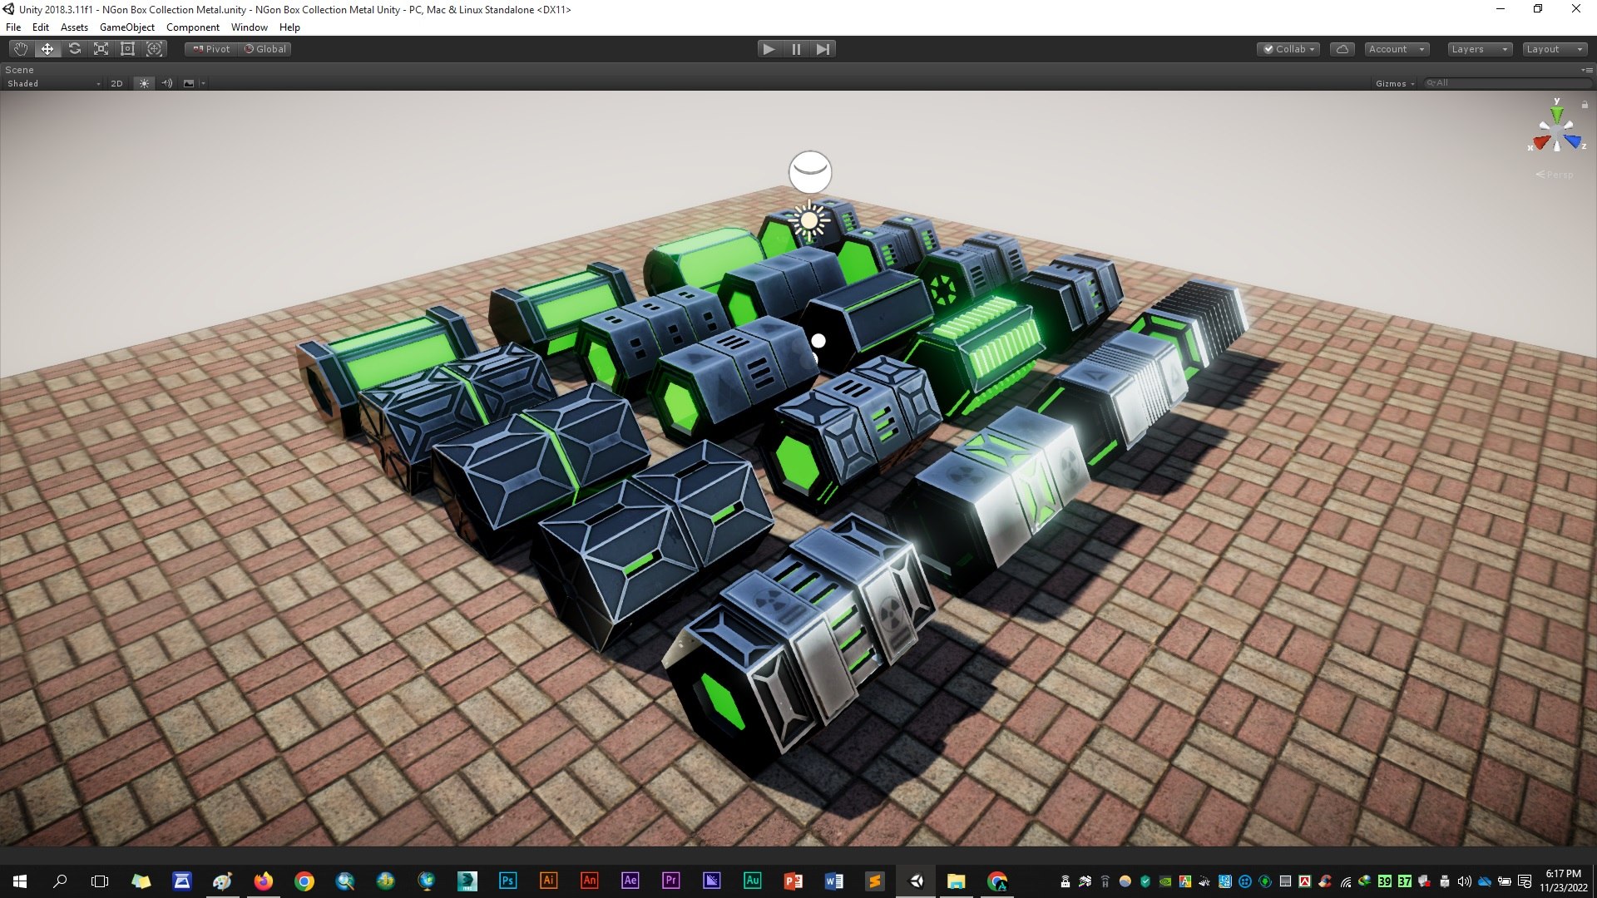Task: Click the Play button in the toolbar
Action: point(769,49)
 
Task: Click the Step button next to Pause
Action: point(823,49)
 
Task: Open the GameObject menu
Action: point(127,27)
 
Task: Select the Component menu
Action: point(193,27)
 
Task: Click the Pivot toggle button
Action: point(211,49)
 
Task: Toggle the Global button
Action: point(265,49)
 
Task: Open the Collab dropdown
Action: point(1288,49)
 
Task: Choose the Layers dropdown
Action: point(1479,49)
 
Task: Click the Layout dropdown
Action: point(1554,49)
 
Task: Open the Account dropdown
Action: point(1397,49)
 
